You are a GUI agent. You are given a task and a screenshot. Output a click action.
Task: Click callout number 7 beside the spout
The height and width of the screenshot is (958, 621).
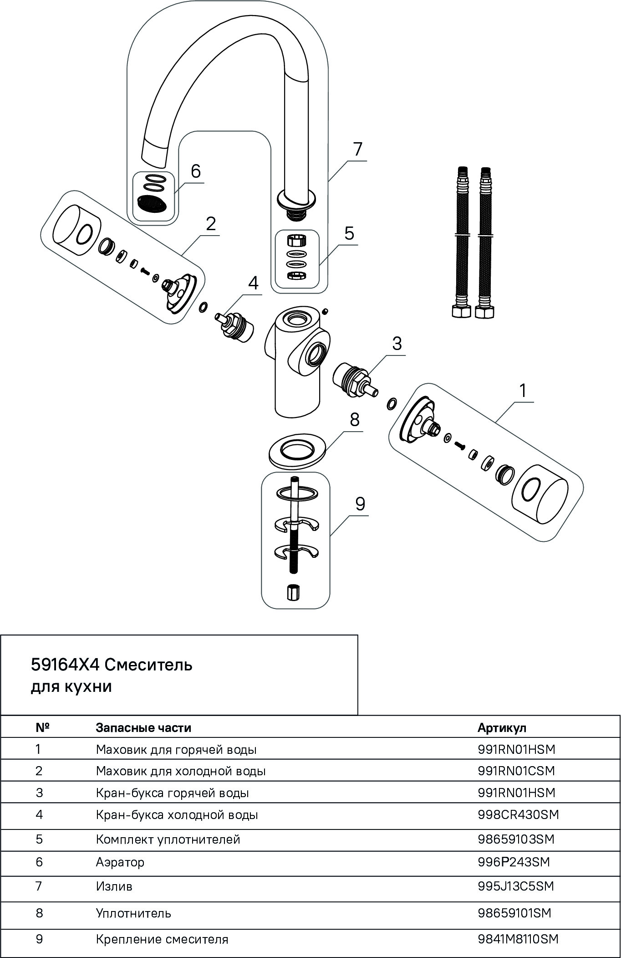click(357, 149)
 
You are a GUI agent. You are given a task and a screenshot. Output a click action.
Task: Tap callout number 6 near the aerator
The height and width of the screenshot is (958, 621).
click(195, 171)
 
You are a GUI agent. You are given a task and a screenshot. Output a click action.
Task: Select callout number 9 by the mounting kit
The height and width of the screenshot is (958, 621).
click(360, 504)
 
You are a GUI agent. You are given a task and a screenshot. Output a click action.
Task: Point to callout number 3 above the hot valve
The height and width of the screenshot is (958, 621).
click(397, 343)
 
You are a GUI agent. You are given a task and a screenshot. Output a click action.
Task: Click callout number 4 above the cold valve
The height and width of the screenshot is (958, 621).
click(253, 283)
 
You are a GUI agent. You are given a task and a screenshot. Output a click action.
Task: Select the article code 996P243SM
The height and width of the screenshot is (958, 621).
click(514, 862)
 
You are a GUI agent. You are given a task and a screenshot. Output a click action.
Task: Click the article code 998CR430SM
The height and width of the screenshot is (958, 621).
click(518, 814)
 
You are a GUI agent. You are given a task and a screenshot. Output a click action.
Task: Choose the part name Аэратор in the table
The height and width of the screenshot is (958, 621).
click(120, 862)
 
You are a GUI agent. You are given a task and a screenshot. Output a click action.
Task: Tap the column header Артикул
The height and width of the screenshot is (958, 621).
click(502, 728)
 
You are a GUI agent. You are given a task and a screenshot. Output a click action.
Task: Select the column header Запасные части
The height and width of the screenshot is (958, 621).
click(143, 728)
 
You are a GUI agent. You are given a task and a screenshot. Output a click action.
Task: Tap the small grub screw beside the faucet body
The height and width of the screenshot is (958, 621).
click(325, 311)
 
